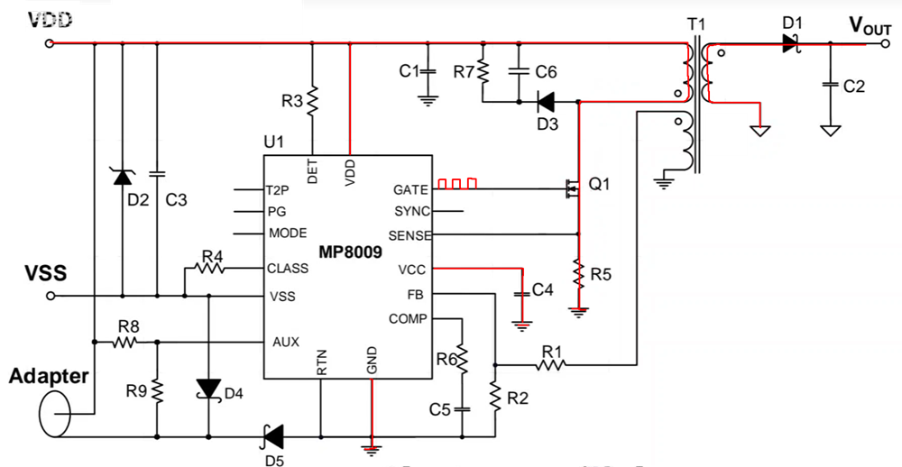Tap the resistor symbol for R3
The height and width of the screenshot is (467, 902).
[x=312, y=100]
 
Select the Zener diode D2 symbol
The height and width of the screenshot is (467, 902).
[x=122, y=177]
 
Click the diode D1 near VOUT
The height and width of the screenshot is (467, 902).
[x=791, y=41]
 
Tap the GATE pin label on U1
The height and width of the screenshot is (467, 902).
[x=410, y=189]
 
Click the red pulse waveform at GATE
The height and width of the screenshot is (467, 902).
[x=456, y=184]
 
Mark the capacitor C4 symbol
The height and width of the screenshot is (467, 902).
[x=520, y=293]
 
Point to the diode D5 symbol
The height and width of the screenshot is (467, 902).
[x=270, y=436]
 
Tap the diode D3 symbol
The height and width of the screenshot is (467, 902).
[x=547, y=101]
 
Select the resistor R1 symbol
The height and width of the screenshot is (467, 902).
[x=550, y=365]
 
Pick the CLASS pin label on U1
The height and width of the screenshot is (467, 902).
[x=288, y=269]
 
